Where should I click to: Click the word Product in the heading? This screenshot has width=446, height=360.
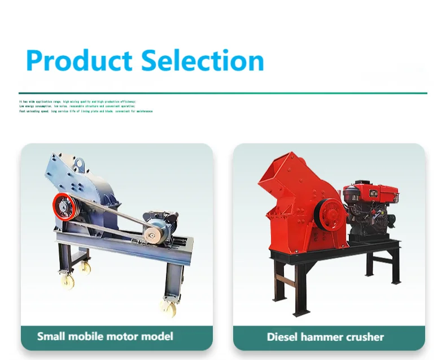(80, 60)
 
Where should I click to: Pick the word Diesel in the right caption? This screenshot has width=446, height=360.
(283, 337)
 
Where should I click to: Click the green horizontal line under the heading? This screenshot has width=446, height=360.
(222, 93)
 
